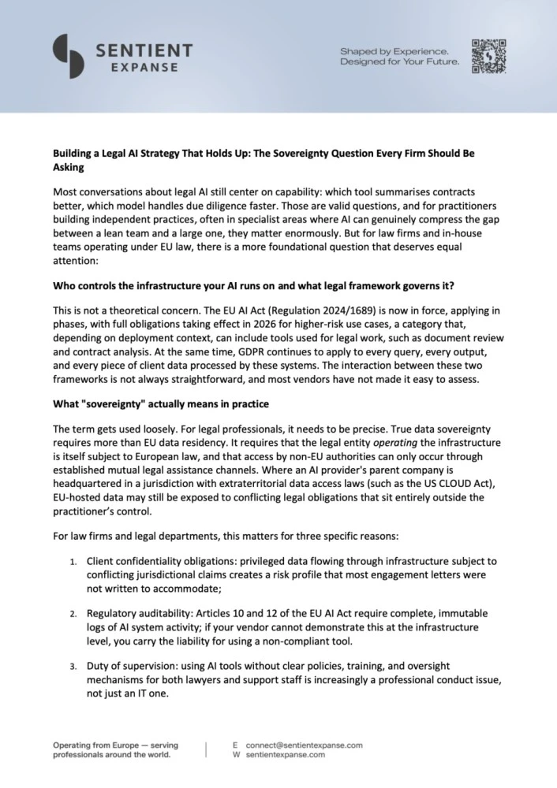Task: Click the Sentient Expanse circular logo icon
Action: coord(69,57)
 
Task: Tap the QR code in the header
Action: coord(488,57)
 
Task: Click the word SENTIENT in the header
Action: coord(143,50)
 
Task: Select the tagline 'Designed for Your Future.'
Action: coord(399,62)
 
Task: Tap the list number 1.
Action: coord(71,561)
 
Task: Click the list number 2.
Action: coord(71,612)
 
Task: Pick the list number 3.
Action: coord(71,666)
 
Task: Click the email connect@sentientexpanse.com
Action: coord(304,745)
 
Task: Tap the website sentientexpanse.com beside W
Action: coord(285,754)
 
